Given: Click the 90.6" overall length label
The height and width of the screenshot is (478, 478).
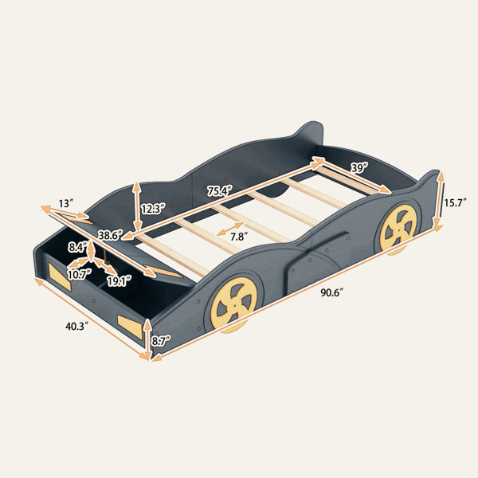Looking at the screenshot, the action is point(332,292).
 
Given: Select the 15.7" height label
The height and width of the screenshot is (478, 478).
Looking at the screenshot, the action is point(455,202).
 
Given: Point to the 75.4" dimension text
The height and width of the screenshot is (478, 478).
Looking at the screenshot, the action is point(220,191).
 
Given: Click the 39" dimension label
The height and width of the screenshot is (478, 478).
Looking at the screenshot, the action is point(359,167).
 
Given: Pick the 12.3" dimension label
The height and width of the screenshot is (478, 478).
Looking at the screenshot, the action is point(153,209).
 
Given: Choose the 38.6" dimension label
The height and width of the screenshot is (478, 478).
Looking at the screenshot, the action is point(110,235).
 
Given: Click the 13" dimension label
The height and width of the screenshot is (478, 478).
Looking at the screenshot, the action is point(66,203).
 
